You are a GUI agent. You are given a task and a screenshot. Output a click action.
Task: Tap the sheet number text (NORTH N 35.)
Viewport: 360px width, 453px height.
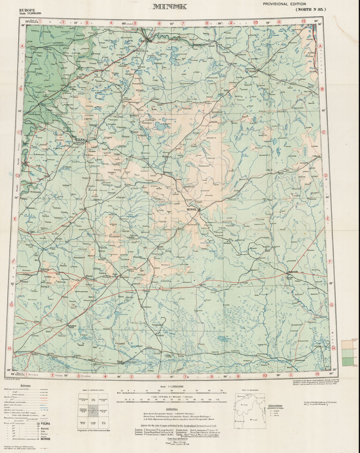[310, 9]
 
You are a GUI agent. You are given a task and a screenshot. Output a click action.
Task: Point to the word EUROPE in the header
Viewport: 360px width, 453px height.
[27, 10]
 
